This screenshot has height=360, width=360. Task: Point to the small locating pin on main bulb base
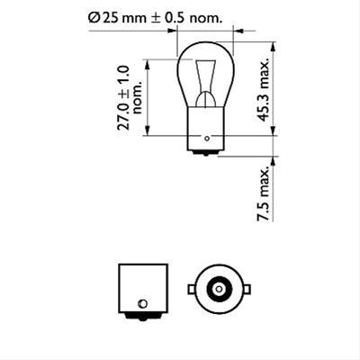click(208, 139)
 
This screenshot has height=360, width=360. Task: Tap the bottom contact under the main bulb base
click(207, 153)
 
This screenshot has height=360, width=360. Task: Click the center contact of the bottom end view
click(219, 288)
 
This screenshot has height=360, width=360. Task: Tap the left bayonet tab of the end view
click(191, 288)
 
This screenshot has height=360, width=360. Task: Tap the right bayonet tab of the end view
click(246, 288)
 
